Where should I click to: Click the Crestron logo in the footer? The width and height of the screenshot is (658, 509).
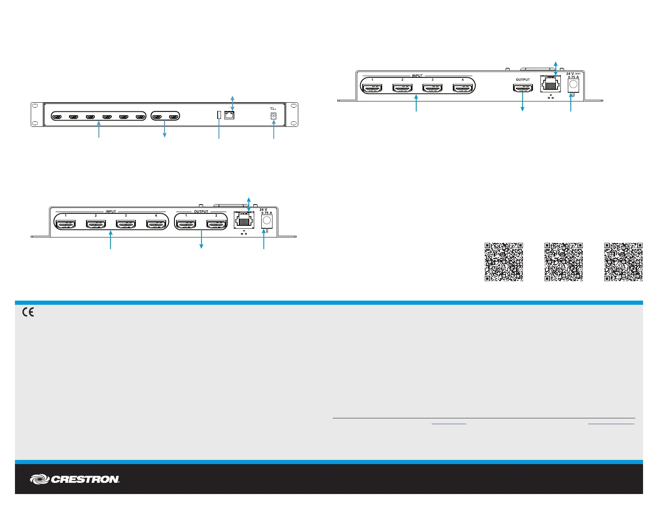coord(75,479)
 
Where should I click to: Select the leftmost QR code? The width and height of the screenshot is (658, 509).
coord(503,262)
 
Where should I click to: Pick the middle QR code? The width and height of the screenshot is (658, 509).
coord(564,262)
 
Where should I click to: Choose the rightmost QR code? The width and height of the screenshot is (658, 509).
coord(624,262)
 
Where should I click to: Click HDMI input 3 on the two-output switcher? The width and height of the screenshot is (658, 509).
coord(126,225)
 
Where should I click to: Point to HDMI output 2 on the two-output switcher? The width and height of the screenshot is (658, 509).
coord(216,225)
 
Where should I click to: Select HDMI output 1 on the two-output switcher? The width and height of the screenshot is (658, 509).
coord(186,225)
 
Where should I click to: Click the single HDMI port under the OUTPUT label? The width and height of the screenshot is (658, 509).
coord(523,88)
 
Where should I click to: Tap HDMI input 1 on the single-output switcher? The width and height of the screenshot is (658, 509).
coord(372,88)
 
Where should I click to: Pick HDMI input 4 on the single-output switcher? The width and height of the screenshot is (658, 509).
coord(463,88)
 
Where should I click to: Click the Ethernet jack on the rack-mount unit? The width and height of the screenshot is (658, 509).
coord(229,115)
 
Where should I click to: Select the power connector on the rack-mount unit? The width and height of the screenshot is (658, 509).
coord(273,116)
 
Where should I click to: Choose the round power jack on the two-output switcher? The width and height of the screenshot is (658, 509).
coord(267,220)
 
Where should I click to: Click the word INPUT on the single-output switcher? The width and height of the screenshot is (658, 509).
coord(417,76)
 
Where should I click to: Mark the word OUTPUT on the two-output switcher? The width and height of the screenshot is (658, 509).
coord(201,212)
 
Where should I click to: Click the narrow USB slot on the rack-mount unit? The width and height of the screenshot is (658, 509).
coord(219,115)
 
